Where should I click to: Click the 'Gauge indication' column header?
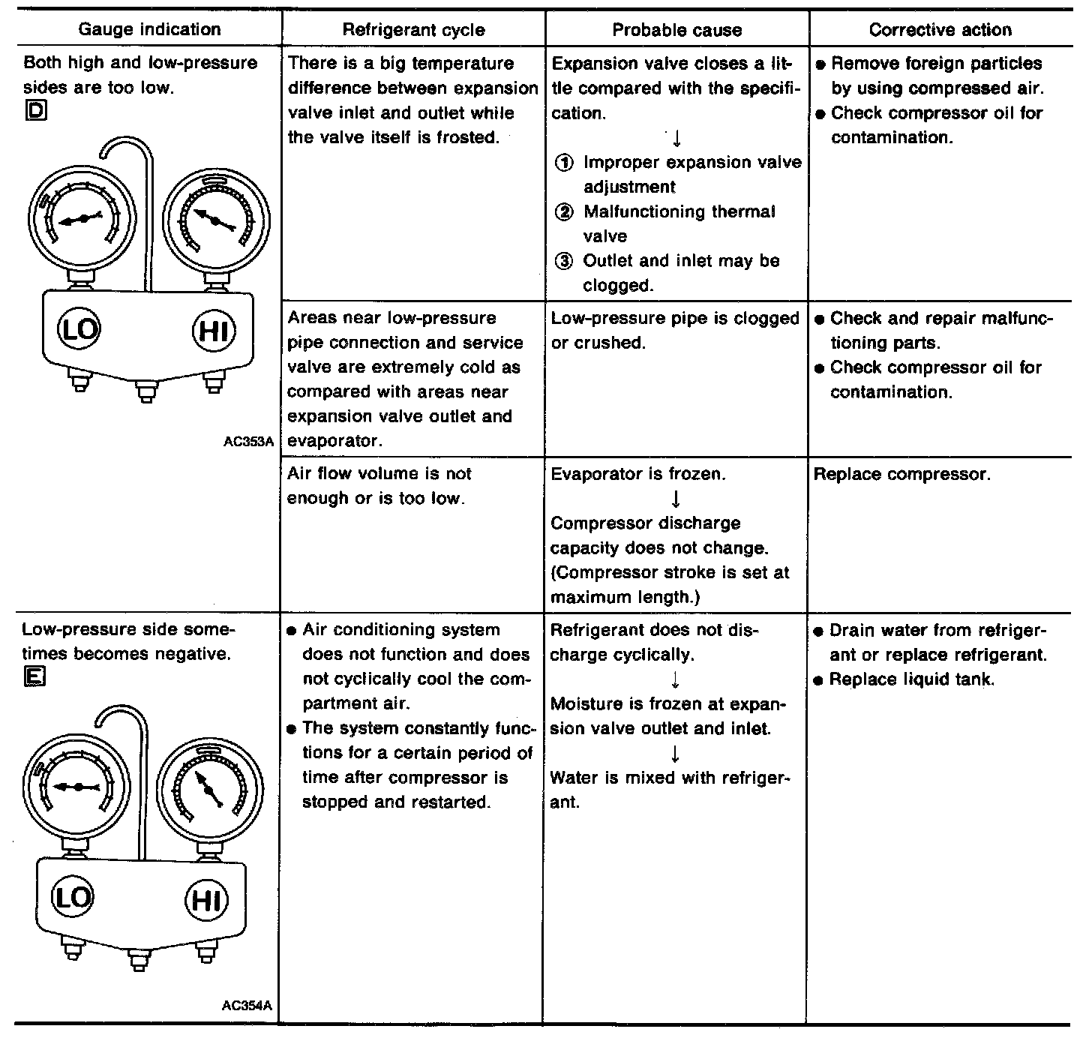pyautogui.click(x=149, y=30)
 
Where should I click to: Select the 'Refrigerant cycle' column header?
pyautogui.click(x=413, y=30)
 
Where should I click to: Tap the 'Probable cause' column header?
pyautogui.click(x=676, y=30)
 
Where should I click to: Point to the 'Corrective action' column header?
pyautogui.click(x=940, y=30)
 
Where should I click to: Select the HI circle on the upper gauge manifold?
pyautogui.click(x=214, y=330)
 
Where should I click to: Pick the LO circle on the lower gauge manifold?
pyautogui.click(x=73, y=897)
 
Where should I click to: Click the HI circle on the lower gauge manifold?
pyautogui.click(x=206, y=898)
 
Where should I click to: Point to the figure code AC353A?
pyautogui.click(x=247, y=442)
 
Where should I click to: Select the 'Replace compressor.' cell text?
pyautogui.click(x=901, y=475)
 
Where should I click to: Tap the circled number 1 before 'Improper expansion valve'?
pyautogui.click(x=563, y=163)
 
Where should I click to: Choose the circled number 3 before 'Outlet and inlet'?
pyautogui.click(x=563, y=261)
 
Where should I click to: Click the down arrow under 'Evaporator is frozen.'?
pyautogui.click(x=676, y=499)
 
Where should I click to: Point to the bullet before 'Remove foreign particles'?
pyautogui.click(x=820, y=64)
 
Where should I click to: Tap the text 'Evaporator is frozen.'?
pyautogui.click(x=638, y=474)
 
